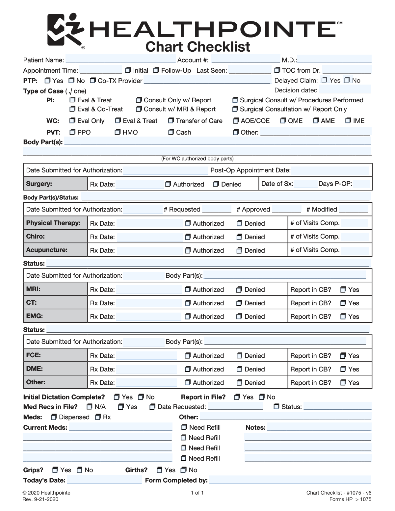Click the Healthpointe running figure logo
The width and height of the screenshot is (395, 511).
(65, 30)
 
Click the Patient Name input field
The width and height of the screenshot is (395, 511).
(120, 60)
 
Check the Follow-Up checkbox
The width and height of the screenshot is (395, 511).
(156, 70)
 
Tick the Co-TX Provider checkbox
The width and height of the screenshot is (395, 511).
(93, 81)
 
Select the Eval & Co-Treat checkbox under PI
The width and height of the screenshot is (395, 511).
(72, 109)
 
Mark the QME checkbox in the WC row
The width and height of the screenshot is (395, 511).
(283, 121)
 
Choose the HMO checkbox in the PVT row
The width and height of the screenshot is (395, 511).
(118, 132)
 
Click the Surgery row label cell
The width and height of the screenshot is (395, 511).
(55, 184)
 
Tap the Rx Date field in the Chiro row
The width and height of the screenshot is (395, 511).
(149, 237)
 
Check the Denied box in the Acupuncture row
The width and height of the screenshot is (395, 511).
(240, 250)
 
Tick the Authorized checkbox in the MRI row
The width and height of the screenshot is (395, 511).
(188, 290)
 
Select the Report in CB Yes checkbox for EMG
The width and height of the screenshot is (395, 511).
(343, 317)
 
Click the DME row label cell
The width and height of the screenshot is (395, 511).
(55, 369)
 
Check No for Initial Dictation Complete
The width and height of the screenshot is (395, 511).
(141, 397)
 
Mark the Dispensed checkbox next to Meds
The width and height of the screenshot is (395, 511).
(54, 417)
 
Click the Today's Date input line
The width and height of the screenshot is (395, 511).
(104, 480)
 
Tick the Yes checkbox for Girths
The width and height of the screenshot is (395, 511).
(159, 470)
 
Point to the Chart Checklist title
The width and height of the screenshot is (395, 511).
(198, 47)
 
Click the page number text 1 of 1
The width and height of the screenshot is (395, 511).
(197, 493)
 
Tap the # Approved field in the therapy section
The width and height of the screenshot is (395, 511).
(286, 210)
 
